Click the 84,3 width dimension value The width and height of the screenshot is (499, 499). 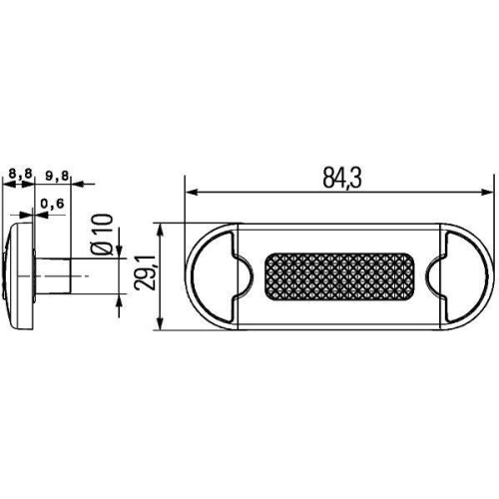pos(341,179)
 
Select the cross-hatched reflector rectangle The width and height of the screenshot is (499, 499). pos(340,276)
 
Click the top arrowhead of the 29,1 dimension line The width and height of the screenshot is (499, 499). pos(161,228)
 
